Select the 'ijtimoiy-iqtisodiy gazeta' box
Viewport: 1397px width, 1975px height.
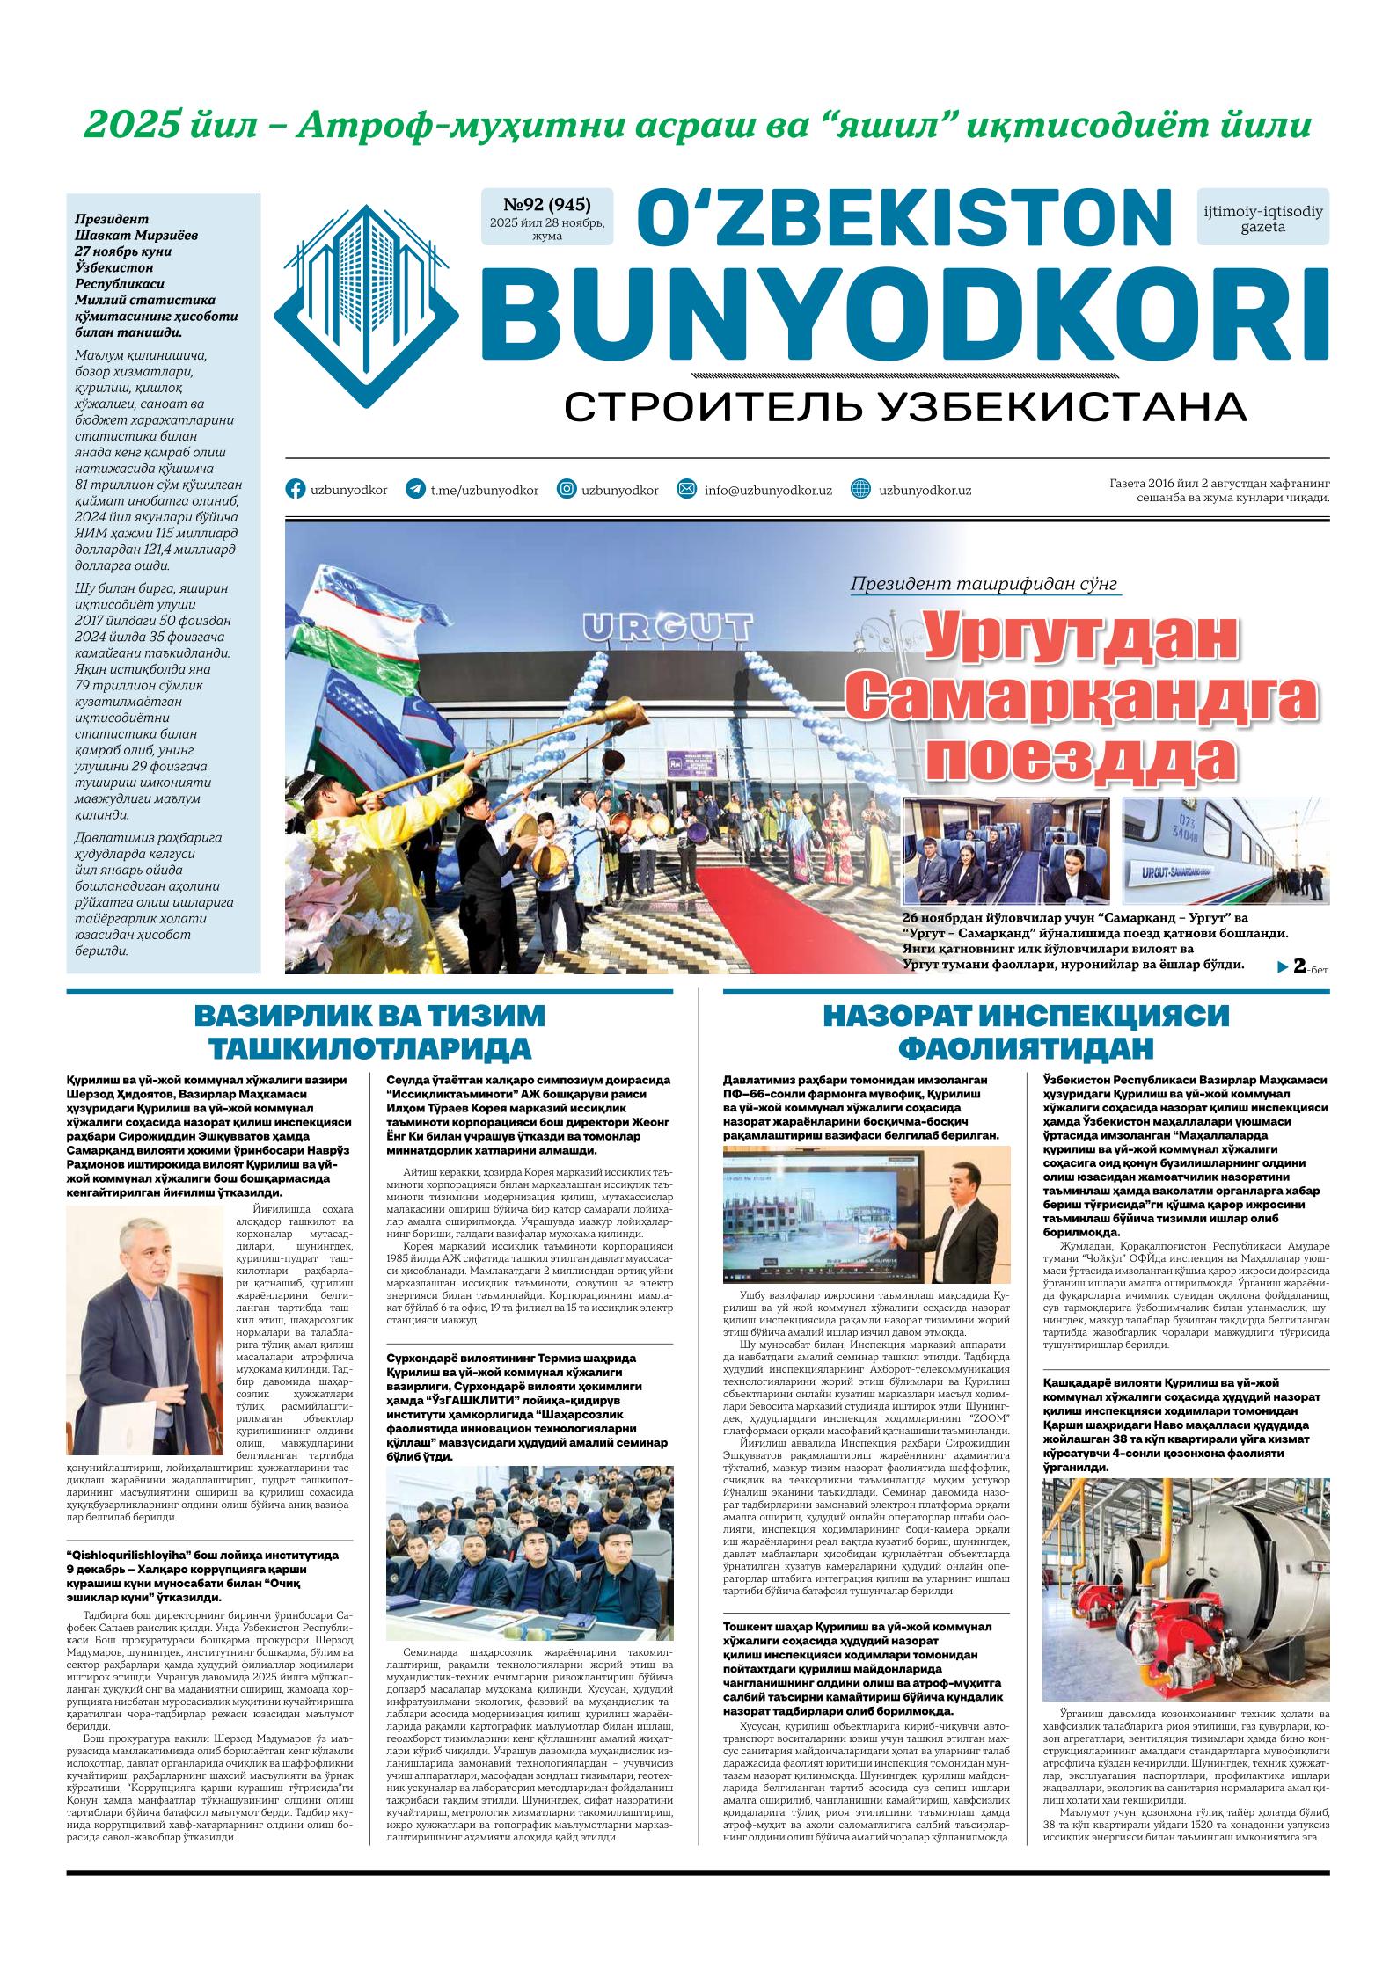(x=1262, y=218)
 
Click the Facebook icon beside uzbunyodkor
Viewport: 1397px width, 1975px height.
(x=296, y=490)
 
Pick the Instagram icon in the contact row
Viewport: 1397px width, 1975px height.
(x=567, y=490)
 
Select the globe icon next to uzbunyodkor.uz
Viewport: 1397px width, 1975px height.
(x=861, y=490)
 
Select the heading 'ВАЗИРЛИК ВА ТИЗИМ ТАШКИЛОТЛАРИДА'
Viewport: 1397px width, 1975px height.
(x=369, y=1031)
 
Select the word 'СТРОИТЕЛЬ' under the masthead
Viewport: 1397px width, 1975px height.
(x=713, y=407)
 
